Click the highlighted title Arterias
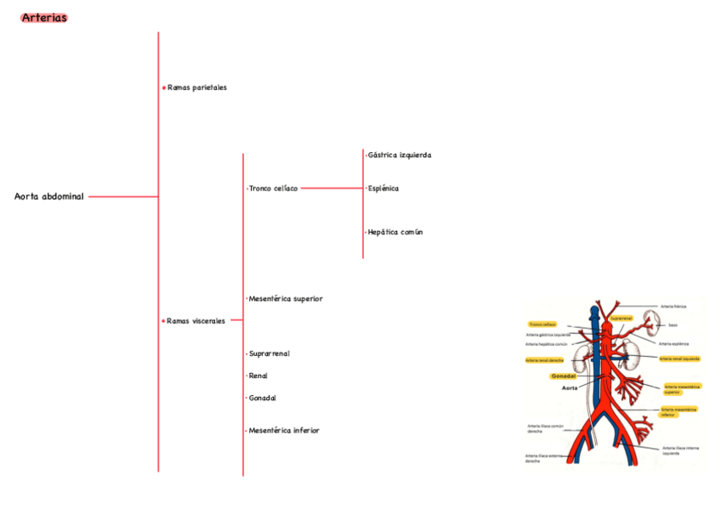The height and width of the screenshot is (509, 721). [x=44, y=18]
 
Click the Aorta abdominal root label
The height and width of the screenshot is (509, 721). [x=49, y=197]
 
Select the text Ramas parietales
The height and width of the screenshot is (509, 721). [x=197, y=88]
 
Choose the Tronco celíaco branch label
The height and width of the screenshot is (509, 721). [x=273, y=189]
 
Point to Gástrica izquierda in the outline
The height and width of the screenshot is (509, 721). [x=399, y=156]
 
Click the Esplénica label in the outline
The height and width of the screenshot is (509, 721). [x=383, y=189]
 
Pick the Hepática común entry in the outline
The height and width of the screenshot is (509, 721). [x=395, y=232]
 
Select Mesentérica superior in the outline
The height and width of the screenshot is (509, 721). [x=285, y=299]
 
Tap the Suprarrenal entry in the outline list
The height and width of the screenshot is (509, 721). [x=270, y=353]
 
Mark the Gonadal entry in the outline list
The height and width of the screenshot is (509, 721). [x=263, y=399]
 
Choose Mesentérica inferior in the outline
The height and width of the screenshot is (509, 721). [x=284, y=431]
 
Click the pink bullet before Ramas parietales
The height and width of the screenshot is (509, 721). [x=163, y=88]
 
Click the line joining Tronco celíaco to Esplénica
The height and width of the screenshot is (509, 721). [x=332, y=189]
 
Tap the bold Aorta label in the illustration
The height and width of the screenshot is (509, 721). [x=570, y=387]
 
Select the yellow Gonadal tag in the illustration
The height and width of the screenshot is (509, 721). [x=563, y=376]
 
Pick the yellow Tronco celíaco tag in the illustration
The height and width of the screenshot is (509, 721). [x=542, y=325]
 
